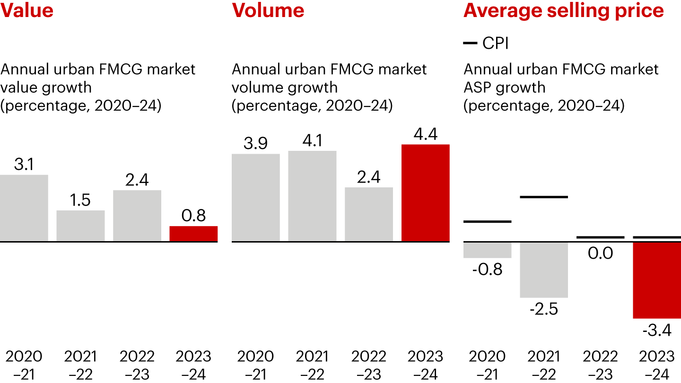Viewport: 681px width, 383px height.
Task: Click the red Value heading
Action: click(x=26, y=10)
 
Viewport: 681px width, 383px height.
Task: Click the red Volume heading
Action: click(x=268, y=10)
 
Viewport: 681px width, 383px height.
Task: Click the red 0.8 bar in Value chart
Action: click(x=193, y=234)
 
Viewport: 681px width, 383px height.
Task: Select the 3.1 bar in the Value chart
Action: click(x=24, y=208)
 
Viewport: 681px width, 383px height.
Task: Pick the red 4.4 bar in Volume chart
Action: click(x=425, y=193)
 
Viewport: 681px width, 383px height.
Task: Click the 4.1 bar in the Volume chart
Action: click(x=312, y=196)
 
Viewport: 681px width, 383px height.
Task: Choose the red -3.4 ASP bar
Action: click(x=657, y=280)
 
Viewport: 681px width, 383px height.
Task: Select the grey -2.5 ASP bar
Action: click(x=543, y=270)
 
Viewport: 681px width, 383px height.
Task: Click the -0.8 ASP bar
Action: click(x=487, y=250)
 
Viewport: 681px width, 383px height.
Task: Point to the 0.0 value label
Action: click(x=601, y=253)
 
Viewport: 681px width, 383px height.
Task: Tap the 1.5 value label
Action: click(x=80, y=200)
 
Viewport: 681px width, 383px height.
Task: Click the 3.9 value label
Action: click(x=255, y=143)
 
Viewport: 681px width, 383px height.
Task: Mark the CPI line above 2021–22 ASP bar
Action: click(x=543, y=196)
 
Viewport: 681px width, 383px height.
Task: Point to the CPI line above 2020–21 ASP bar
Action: click(x=487, y=221)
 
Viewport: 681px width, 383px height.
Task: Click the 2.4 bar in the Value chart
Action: click(x=137, y=216)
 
